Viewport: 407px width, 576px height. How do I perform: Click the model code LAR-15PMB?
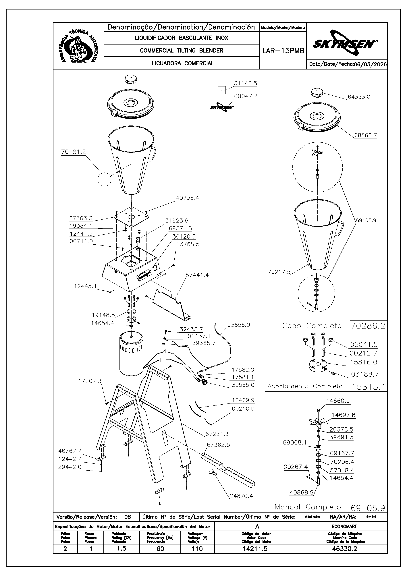click(x=283, y=51)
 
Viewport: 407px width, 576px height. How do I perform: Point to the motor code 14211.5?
click(x=255, y=549)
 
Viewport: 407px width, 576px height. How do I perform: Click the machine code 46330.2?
click(x=344, y=549)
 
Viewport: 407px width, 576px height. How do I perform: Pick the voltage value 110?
click(x=197, y=549)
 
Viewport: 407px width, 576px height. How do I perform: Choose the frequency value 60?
click(x=160, y=549)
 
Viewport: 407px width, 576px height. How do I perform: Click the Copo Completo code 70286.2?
click(x=368, y=326)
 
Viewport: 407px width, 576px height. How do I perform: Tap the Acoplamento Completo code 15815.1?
click(x=368, y=387)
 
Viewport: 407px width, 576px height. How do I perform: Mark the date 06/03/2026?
click(x=370, y=64)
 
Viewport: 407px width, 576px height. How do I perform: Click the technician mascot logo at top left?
click(x=78, y=46)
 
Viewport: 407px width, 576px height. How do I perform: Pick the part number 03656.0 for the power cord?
click(x=238, y=325)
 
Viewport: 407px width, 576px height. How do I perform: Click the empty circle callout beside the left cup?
click(x=104, y=179)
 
